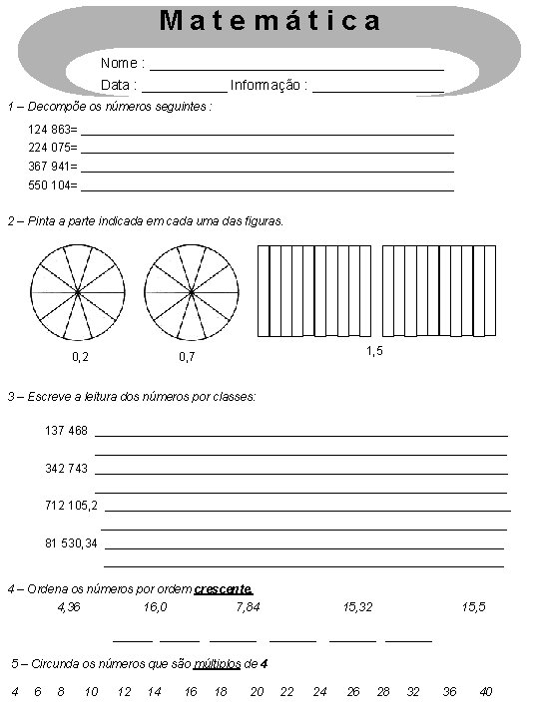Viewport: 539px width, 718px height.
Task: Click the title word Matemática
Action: (270, 20)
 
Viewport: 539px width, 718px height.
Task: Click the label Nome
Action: (119, 64)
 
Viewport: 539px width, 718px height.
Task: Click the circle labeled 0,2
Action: (79, 292)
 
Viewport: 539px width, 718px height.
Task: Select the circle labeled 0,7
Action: (192, 292)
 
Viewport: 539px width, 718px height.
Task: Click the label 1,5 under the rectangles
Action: (374, 351)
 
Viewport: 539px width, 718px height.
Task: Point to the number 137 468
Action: (66, 431)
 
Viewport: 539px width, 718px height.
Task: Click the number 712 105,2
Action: (71, 506)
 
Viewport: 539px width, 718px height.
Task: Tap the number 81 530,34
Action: (72, 543)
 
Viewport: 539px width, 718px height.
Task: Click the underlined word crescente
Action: (224, 588)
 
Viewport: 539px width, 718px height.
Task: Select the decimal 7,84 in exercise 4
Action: (248, 606)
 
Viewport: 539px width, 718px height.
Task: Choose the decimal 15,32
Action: (357, 606)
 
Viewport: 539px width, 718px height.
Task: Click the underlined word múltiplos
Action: (217, 663)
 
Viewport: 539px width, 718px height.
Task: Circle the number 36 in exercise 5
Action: (449, 691)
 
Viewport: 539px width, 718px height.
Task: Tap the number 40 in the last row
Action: (486, 691)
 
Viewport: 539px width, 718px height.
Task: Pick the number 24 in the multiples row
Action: (319, 691)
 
